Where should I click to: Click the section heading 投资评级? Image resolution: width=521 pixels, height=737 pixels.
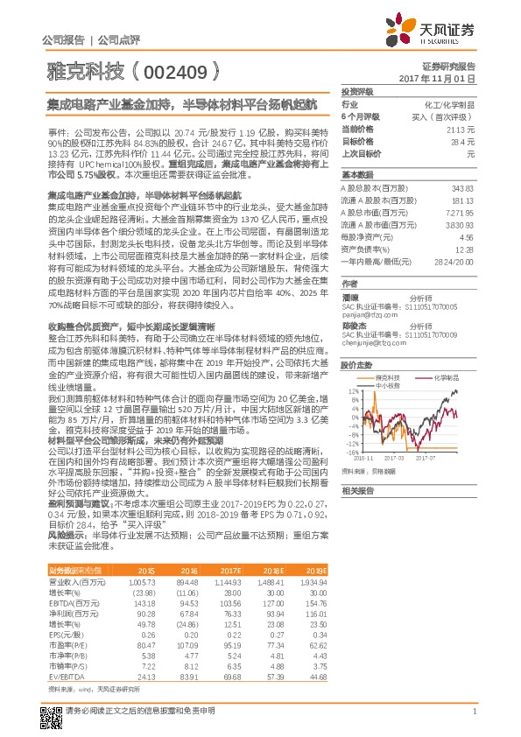pyautogui.click(x=357, y=91)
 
